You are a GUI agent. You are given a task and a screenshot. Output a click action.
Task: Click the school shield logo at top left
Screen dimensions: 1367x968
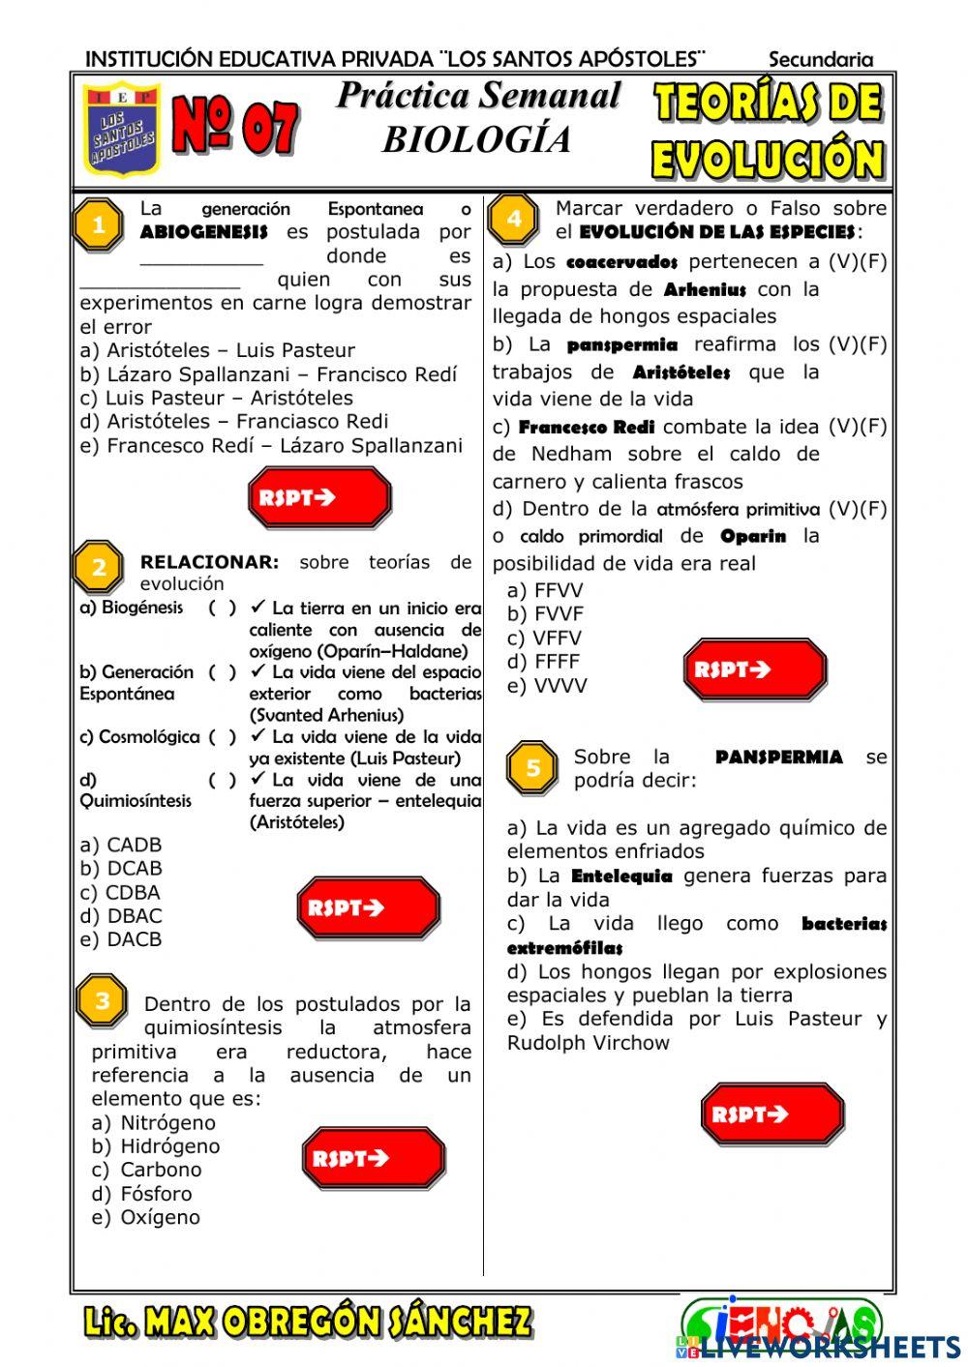(x=121, y=130)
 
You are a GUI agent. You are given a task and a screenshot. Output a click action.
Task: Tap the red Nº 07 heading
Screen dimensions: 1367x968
(x=235, y=127)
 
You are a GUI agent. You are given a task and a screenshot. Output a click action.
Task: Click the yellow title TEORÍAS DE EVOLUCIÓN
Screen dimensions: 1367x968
(x=768, y=132)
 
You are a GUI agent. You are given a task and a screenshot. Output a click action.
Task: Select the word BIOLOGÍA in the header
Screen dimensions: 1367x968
(x=477, y=140)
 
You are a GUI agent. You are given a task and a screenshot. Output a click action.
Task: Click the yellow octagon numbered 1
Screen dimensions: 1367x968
(x=99, y=225)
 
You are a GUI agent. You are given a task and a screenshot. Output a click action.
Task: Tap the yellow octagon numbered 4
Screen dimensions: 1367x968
(x=514, y=219)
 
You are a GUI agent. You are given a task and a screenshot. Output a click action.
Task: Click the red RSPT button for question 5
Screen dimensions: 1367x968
(x=771, y=1114)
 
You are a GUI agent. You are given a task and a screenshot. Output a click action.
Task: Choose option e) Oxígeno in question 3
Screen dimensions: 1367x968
(x=145, y=1218)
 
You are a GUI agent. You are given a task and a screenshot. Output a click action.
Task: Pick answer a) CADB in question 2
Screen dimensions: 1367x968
(x=121, y=845)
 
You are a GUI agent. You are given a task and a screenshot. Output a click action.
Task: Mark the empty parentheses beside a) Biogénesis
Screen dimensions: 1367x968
(x=222, y=608)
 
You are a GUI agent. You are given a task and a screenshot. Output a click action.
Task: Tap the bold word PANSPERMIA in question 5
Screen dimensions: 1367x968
(x=778, y=758)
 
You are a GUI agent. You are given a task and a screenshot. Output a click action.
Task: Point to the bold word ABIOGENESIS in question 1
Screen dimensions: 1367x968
(x=203, y=232)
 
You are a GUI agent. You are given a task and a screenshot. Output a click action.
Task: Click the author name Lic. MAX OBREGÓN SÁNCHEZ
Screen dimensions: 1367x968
(x=307, y=1322)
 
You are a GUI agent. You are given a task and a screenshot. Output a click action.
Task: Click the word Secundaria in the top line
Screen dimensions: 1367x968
(x=820, y=60)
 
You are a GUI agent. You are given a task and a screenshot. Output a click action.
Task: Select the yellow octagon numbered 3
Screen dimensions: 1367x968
(x=103, y=1001)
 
